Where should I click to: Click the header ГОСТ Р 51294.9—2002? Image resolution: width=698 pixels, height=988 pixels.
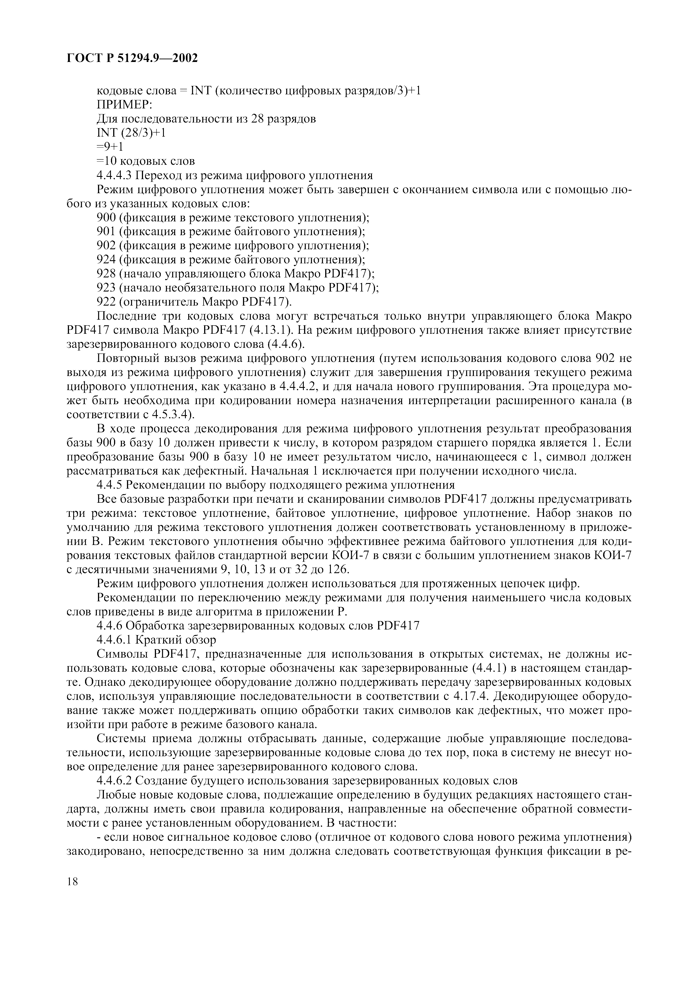click(x=132, y=58)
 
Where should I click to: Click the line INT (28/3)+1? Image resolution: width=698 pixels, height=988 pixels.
click(x=131, y=133)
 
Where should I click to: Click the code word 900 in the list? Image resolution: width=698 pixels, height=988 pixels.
click(x=106, y=217)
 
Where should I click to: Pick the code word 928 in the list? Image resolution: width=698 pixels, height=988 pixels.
click(x=106, y=274)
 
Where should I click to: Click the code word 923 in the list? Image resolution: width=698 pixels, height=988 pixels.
click(x=106, y=288)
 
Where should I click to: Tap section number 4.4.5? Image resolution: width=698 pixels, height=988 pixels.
click(x=110, y=485)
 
